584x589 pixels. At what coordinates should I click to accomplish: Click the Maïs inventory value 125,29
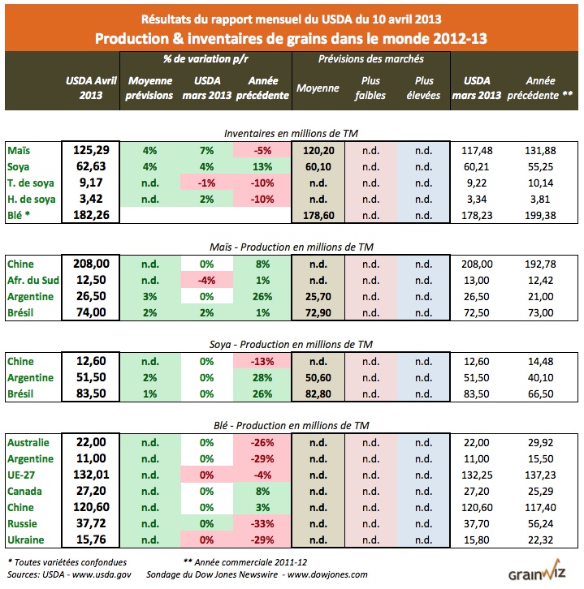coord(91,149)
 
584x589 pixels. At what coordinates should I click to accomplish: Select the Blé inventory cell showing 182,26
coord(91,215)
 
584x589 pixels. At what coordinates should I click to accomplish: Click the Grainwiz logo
coord(537,574)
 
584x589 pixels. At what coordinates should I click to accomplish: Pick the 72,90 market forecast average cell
coord(317,312)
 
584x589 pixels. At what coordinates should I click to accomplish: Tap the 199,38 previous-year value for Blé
coord(536,215)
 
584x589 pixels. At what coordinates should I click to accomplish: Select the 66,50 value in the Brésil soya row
coord(536,393)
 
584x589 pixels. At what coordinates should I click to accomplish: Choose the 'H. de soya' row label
coord(29,198)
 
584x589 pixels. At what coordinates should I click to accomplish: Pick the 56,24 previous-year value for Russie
coord(536,524)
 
